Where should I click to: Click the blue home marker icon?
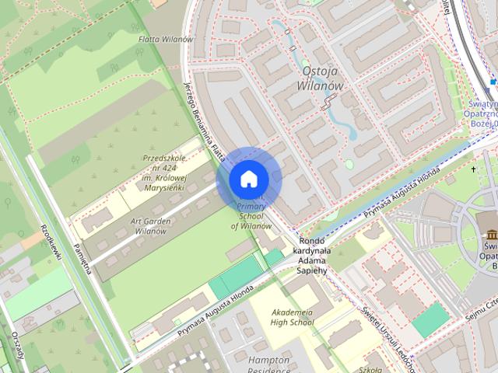248,180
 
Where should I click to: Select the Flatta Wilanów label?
166,39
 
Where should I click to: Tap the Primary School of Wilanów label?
251,214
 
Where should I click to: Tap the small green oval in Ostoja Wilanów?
349,165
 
